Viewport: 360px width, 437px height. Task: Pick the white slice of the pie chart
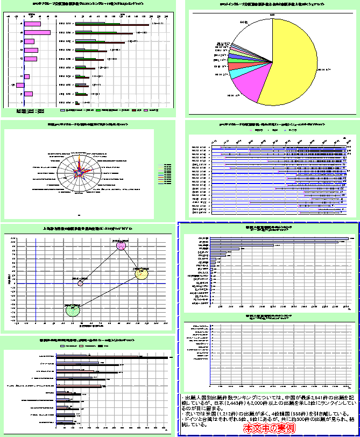258,32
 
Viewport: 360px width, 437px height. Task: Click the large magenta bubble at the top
121,246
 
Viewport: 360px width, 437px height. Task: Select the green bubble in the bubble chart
73,309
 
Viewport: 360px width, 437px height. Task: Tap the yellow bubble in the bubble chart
141,274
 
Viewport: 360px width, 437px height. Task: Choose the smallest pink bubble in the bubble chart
80,283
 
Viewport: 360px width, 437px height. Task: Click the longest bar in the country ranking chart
280,238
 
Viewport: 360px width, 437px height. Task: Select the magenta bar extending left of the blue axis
20,84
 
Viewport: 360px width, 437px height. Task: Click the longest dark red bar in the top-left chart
113,24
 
